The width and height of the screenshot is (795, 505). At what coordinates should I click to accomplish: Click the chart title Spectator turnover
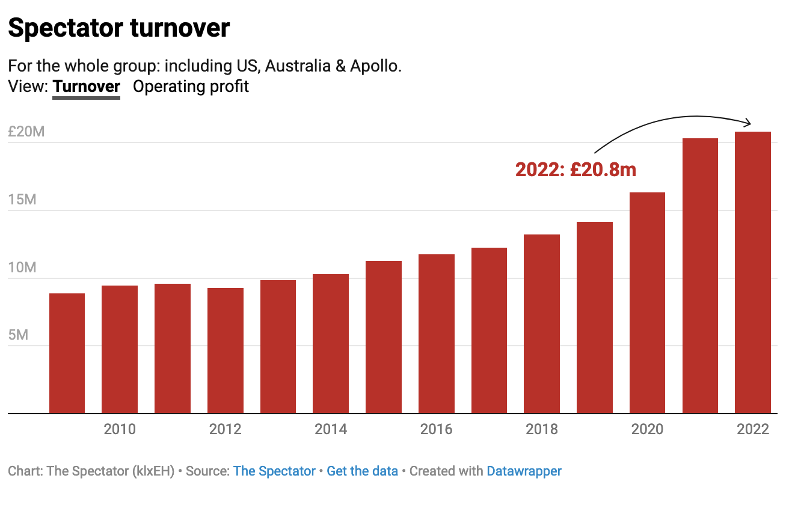pyautogui.click(x=119, y=28)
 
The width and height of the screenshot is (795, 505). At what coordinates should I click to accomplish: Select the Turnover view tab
pyautogui.click(x=87, y=87)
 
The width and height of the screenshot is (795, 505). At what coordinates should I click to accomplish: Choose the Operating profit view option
pyautogui.click(x=191, y=87)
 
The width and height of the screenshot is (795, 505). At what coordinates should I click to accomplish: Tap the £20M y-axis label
pyautogui.click(x=26, y=132)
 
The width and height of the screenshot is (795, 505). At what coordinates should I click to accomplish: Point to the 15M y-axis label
pyautogui.click(x=22, y=200)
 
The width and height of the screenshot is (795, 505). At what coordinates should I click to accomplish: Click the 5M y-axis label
pyautogui.click(x=19, y=335)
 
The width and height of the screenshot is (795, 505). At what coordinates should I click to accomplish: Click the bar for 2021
pyautogui.click(x=700, y=276)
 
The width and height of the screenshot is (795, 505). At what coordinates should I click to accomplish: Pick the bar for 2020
pyautogui.click(x=647, y=303)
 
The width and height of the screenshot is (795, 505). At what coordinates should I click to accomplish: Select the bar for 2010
pyautogui.click(x=120, y=349)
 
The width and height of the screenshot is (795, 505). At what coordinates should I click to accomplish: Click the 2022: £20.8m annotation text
pyautogui.click(x=576, y=170)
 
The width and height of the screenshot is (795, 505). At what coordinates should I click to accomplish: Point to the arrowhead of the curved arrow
pyautogui.click(x=749, y=123)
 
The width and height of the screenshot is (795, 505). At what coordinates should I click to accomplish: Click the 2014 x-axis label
pyautogui.click(x=331, y=429)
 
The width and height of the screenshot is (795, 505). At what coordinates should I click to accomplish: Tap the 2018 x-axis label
pyautogui.click(x=542, y=429)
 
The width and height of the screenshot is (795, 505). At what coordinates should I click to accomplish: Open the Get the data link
pyautogui.click(x=362, y=471)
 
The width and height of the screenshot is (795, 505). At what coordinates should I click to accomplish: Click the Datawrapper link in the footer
pyautogui.click(x=524, y=471)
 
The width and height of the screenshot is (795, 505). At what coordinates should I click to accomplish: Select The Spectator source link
pyautogui.click(x=274, y=471)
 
